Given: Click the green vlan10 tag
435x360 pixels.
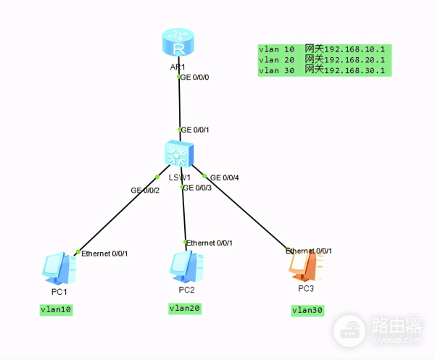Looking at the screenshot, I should (x=58, y=310).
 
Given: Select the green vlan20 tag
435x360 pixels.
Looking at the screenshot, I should (x=184, y=308).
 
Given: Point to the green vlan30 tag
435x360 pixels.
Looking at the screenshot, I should (x=307, y=311).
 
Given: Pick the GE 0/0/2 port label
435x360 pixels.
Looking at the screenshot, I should (x=145, y=190).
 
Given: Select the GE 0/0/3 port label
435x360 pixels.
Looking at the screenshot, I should (x=198, y=188).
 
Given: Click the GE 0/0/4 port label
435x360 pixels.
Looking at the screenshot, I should (x=225, y=177).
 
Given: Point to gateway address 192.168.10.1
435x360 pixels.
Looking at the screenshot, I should (x=355, y=49).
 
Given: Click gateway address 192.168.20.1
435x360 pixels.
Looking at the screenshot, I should (x=355, y=60).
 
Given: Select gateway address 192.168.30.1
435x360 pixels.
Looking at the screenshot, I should (x=355, y=71).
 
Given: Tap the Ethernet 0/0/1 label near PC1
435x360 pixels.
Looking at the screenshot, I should (x=104, y=254).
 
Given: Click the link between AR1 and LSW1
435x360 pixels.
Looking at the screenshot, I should (x=178, y=101).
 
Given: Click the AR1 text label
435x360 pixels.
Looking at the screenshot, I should (x=178, y=67).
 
